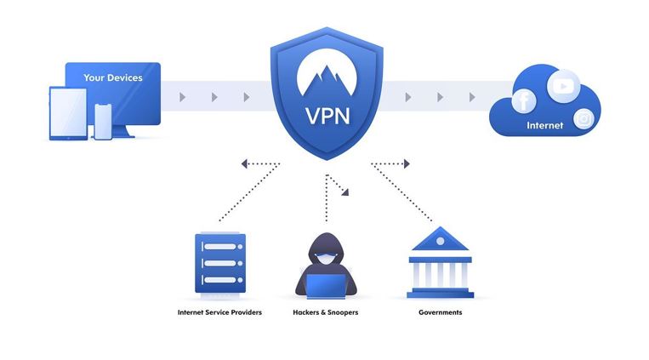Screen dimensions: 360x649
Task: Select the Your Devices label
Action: coord(112,78)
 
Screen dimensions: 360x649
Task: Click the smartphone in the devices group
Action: coord(103,121)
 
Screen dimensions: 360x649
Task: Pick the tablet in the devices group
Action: coord(69,113)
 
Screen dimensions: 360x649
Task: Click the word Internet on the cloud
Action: coord(545,126)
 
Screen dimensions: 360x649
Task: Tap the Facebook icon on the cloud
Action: coord(523,102)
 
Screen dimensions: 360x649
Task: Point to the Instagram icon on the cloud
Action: coord(584,119)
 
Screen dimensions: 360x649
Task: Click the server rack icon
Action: coord(219,263)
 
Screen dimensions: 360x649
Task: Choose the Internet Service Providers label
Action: coord(219,313)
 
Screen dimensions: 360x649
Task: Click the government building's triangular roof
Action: coord(440,240)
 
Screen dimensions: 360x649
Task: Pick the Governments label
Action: coord(440,313)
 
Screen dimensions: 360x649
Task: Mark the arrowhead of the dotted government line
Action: coord(407,163)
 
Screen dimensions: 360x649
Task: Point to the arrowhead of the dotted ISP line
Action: coord(245,163)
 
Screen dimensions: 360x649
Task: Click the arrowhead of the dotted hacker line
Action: coord(344,193)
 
